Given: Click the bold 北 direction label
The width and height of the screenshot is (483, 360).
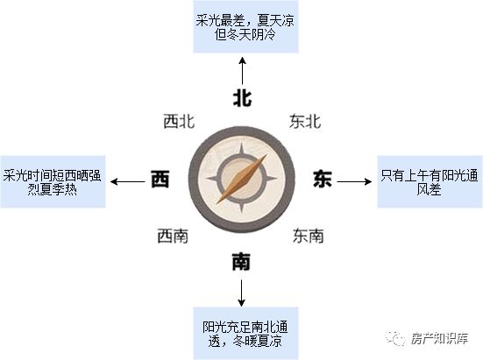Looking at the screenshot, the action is (x=242, y=98).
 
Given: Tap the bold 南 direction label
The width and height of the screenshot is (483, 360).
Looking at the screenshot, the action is (x=241, y=262).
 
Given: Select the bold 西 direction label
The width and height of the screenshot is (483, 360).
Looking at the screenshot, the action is (x=160, y=179).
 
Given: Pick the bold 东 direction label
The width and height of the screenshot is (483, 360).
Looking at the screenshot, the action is (x=323, y=179).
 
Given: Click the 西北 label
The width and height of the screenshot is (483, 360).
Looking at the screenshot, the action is (x=179, y=121).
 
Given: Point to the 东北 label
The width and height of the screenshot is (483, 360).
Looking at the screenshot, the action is (x=305, y=121).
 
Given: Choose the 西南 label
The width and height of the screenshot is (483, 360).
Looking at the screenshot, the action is (x=173, y=236).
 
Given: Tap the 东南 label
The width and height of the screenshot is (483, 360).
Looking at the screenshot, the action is (x=309, y=236).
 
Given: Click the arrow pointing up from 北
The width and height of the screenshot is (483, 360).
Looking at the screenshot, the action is (x=243, y=71).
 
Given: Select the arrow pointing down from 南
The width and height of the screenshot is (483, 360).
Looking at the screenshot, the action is (x=242, y=293).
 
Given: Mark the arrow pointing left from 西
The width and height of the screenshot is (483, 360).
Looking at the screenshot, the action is (x=127, y=181).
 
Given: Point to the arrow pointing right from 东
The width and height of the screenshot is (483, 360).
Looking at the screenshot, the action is (x=354, y=181).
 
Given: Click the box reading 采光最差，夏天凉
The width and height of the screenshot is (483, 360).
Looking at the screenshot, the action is (x=245, y=27).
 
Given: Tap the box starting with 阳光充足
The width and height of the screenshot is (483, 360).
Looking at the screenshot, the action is (x=245, y=334).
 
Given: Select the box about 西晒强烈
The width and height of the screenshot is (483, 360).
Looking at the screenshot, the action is (x=53, y=182).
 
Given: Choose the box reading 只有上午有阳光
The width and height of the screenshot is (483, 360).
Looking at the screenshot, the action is (x=430, y=182).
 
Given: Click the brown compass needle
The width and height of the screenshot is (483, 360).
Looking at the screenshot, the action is (x=242, y=179).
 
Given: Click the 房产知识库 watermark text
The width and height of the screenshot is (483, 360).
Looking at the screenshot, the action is (x=439, y=339).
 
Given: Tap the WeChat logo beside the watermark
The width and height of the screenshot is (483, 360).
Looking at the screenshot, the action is (x=395, y=338).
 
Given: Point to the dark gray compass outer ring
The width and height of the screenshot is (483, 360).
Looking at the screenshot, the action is (x=193, y=179).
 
